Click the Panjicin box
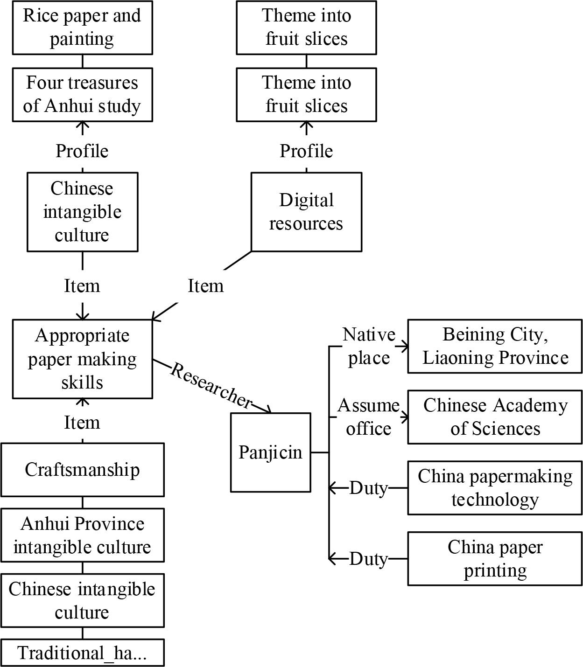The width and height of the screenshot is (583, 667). (270, 452)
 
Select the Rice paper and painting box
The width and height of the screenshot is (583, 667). (82, 28)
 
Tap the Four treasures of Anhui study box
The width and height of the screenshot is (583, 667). (82, 95)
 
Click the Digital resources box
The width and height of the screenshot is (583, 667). (306, 212)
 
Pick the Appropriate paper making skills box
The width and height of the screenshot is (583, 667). (82, 359)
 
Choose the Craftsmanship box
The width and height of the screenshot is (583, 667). (82, 470)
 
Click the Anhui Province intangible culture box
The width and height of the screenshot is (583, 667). (82, 535)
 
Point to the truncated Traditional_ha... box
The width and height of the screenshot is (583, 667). (82, 653)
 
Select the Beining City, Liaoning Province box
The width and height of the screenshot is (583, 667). (495, 346)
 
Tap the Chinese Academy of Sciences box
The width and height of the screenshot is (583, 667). (495, 417)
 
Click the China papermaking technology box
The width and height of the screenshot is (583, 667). (495, 488)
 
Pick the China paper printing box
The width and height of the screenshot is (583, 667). (495, 559)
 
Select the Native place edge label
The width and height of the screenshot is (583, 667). (369, 346)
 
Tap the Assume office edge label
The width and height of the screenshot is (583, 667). (369, 417)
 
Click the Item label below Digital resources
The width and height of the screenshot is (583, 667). (205, 286)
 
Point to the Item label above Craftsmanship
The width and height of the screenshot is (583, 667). (82, 423)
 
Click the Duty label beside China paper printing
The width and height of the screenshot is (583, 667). (369, 559)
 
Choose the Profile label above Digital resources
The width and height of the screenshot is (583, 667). (306, 151)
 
